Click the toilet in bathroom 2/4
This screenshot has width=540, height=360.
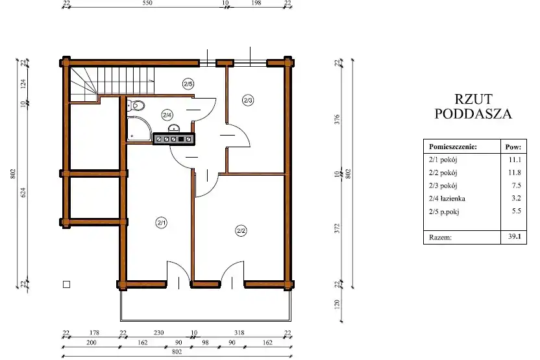(x=136, y=105)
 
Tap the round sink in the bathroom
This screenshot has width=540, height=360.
(x=174, y=129)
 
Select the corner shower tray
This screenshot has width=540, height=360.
(x=139, y=128)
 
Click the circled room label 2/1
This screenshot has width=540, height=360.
(x=161, y=222)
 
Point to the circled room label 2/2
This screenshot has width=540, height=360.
(x=241, y=230)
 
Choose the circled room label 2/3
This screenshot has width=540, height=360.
(x=248, y=100)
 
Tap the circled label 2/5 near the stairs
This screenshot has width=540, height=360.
(x=188, y=84)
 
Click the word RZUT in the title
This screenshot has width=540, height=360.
(x=474, y=99)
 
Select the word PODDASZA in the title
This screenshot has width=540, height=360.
(x=473, y=114)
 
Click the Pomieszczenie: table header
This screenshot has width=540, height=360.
(x=453, y=147)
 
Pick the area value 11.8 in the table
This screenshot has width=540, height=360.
(x=515, y=173)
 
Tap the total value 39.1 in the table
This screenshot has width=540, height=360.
(x=515, y=237)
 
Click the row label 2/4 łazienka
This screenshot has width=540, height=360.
(x=447, y=198)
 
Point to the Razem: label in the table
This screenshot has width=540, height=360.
(x=440, y=237)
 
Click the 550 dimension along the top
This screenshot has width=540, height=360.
(x=147, y=3)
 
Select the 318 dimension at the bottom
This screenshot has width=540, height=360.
(x=239, y=333)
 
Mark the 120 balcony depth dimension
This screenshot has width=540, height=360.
(x=337, y=304)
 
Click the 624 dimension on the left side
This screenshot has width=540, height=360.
(x=23, y=193)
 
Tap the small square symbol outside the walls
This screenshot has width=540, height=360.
(x=66, y=284)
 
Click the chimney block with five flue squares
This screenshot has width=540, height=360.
(x=174, y=139)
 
